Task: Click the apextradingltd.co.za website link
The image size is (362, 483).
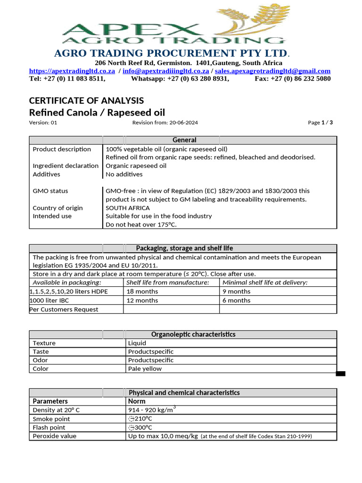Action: click(x=72, y=71)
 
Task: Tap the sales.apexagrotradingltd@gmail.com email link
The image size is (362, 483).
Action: click(x=272, y=71)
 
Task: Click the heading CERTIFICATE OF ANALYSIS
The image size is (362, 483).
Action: click(x=86, y=100)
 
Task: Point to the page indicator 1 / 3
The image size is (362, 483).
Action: click(x=327, y=123)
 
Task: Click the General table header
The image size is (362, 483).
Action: click(x=184, y=140)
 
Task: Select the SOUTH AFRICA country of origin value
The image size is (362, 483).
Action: click(x=128, y=208)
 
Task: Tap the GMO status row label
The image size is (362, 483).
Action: click(x=50, y=191)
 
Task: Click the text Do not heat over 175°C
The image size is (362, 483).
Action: click(x=142, y=225)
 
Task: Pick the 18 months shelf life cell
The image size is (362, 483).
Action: click(x=142, y=291)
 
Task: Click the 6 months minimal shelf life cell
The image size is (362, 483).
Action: click(x=236, y=300)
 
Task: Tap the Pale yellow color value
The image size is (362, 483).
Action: click(x=145, y=369)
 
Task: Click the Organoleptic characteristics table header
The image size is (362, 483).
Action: click(x=193, y=334)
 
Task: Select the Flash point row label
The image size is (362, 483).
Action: click(x=49, y=427)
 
